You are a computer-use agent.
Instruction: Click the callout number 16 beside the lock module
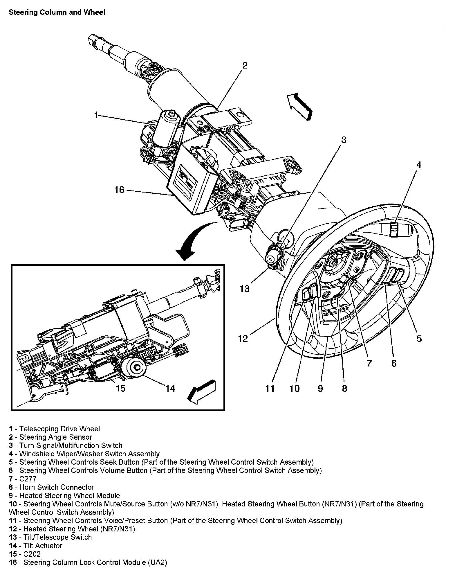pyautogui.click(x=119, y=190)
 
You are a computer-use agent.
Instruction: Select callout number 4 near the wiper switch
pyautogui.click(x=418, y=165)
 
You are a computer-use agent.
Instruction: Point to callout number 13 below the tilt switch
pyautogui.click(x=245, y=289)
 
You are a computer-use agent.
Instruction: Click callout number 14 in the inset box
pyautogui.click(x=170, y=388)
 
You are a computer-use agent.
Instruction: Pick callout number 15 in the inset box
pyautogui.click(x=120, y=388)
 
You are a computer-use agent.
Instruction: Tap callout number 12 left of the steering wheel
pyautogui.click(x=243, y=338)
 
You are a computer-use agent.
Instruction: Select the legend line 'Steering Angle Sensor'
pyautogui.click(x=55, y=445)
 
